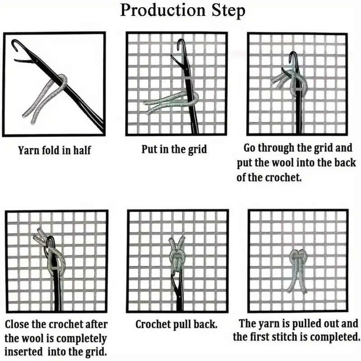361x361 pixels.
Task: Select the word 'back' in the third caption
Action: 345,162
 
